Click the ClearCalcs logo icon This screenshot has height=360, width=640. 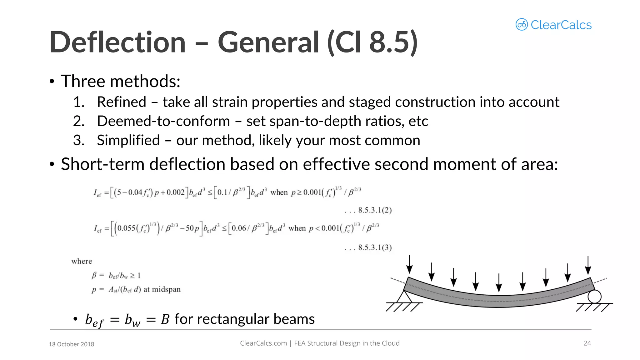pyautogui.click(x=522, y=24)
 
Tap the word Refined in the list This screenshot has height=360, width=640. pyautogui.click(x=122, y=102)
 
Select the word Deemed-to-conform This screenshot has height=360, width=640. pyautogui.click(x=163, y=121)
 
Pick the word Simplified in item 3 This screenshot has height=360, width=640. pyautogui.click(x=128, y=140)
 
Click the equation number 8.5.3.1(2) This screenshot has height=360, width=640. pyautogui.click(x=375, y=210)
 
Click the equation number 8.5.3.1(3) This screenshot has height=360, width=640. pyautogui.click(x=375, y=247)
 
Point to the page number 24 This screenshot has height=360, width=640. pyautogui.click(x=587, y=343)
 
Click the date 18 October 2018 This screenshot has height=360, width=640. pyautogui.click(x=72, y=344)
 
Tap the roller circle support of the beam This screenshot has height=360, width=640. pyautogui.click(x=594, y=297)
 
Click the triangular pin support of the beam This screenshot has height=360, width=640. pyautogui.click(x=404, y=297)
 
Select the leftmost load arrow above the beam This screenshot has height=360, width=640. pyautogui.click(x=409, y=264)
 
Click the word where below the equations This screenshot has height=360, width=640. pyautogui.click(x=82, y=261)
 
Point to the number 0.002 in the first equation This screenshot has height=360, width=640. pyautogui.click(x=176, y=192)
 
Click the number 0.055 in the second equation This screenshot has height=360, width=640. pyautogui.click(x=127, y=228)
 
